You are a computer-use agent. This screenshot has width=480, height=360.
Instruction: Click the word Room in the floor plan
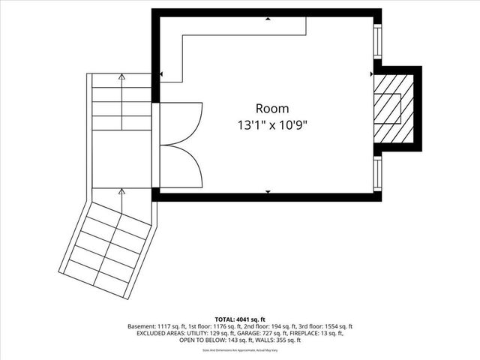[x=271, y=109]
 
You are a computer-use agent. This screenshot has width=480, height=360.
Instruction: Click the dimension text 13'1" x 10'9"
[x=271, y=124]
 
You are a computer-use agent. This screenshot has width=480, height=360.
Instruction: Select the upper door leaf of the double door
[x=181, y=122]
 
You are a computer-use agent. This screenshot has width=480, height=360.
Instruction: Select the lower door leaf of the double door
[x=181, y=166]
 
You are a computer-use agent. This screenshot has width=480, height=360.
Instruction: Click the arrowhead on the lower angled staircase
[x=121, y=192]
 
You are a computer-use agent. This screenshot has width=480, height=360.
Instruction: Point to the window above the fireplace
[x=377, y=44]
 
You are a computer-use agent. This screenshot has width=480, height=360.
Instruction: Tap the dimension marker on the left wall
[x=161, y=74]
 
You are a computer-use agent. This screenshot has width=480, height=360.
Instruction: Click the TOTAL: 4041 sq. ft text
[x=239, y=319]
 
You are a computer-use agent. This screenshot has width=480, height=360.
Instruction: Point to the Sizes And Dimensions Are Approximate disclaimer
[x=239, y=350]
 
